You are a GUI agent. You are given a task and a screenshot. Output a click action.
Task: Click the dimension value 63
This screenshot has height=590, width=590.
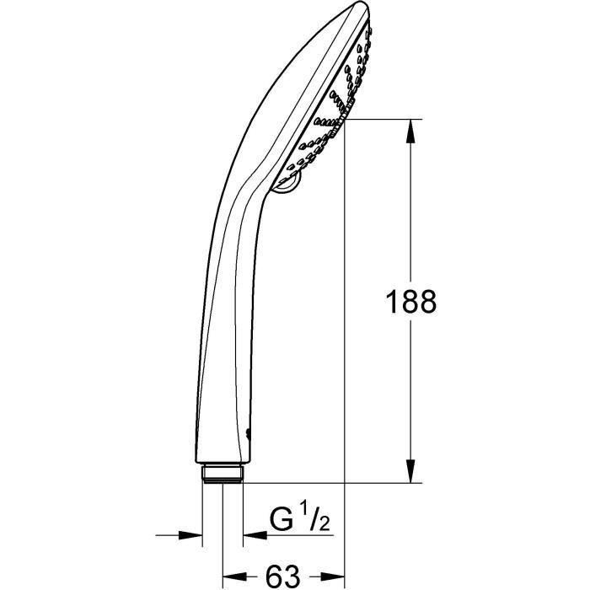click(282, 576)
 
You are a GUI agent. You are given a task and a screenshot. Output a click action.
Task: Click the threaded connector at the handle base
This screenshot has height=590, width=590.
click(223, 471)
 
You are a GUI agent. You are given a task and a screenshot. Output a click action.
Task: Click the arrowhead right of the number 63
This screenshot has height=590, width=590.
click(336, 576)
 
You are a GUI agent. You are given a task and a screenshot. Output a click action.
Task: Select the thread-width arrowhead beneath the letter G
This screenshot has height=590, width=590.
click(253, 534)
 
